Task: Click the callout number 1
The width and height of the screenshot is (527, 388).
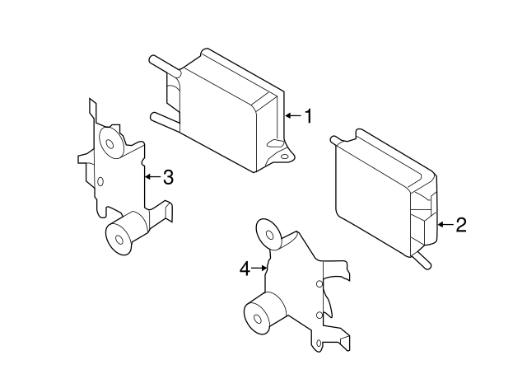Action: (x=308, y=117)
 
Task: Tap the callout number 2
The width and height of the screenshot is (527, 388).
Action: (x=460, y=224)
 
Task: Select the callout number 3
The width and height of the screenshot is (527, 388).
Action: (x=167, y=176)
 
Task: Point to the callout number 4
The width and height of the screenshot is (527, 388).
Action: (x=244, y=268)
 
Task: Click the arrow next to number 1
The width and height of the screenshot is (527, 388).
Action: (x=291, y=117)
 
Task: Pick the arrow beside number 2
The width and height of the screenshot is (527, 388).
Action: (x=445, y=224)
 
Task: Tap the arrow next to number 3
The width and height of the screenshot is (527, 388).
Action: (x=152, y=176)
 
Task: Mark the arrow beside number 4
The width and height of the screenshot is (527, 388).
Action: (x=260, y=268)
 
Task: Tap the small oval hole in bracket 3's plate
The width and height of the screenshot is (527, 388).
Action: (x=100, y=181)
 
